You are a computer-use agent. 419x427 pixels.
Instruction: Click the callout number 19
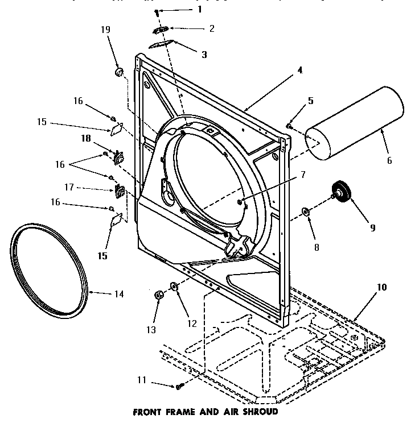coord(106,30)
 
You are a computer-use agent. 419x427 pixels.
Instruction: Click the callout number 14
coord(118,295)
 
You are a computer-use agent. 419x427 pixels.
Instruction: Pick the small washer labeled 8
coord(306,212)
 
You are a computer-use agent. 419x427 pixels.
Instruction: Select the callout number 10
coord(381,288)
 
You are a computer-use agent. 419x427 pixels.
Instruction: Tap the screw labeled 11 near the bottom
coord(178,387)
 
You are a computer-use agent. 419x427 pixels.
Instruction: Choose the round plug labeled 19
coord(120,72)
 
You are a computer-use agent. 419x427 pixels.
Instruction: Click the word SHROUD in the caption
coord(259,411)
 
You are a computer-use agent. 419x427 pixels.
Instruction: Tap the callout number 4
coord(300,71)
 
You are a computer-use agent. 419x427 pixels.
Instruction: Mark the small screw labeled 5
coord(290,126)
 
